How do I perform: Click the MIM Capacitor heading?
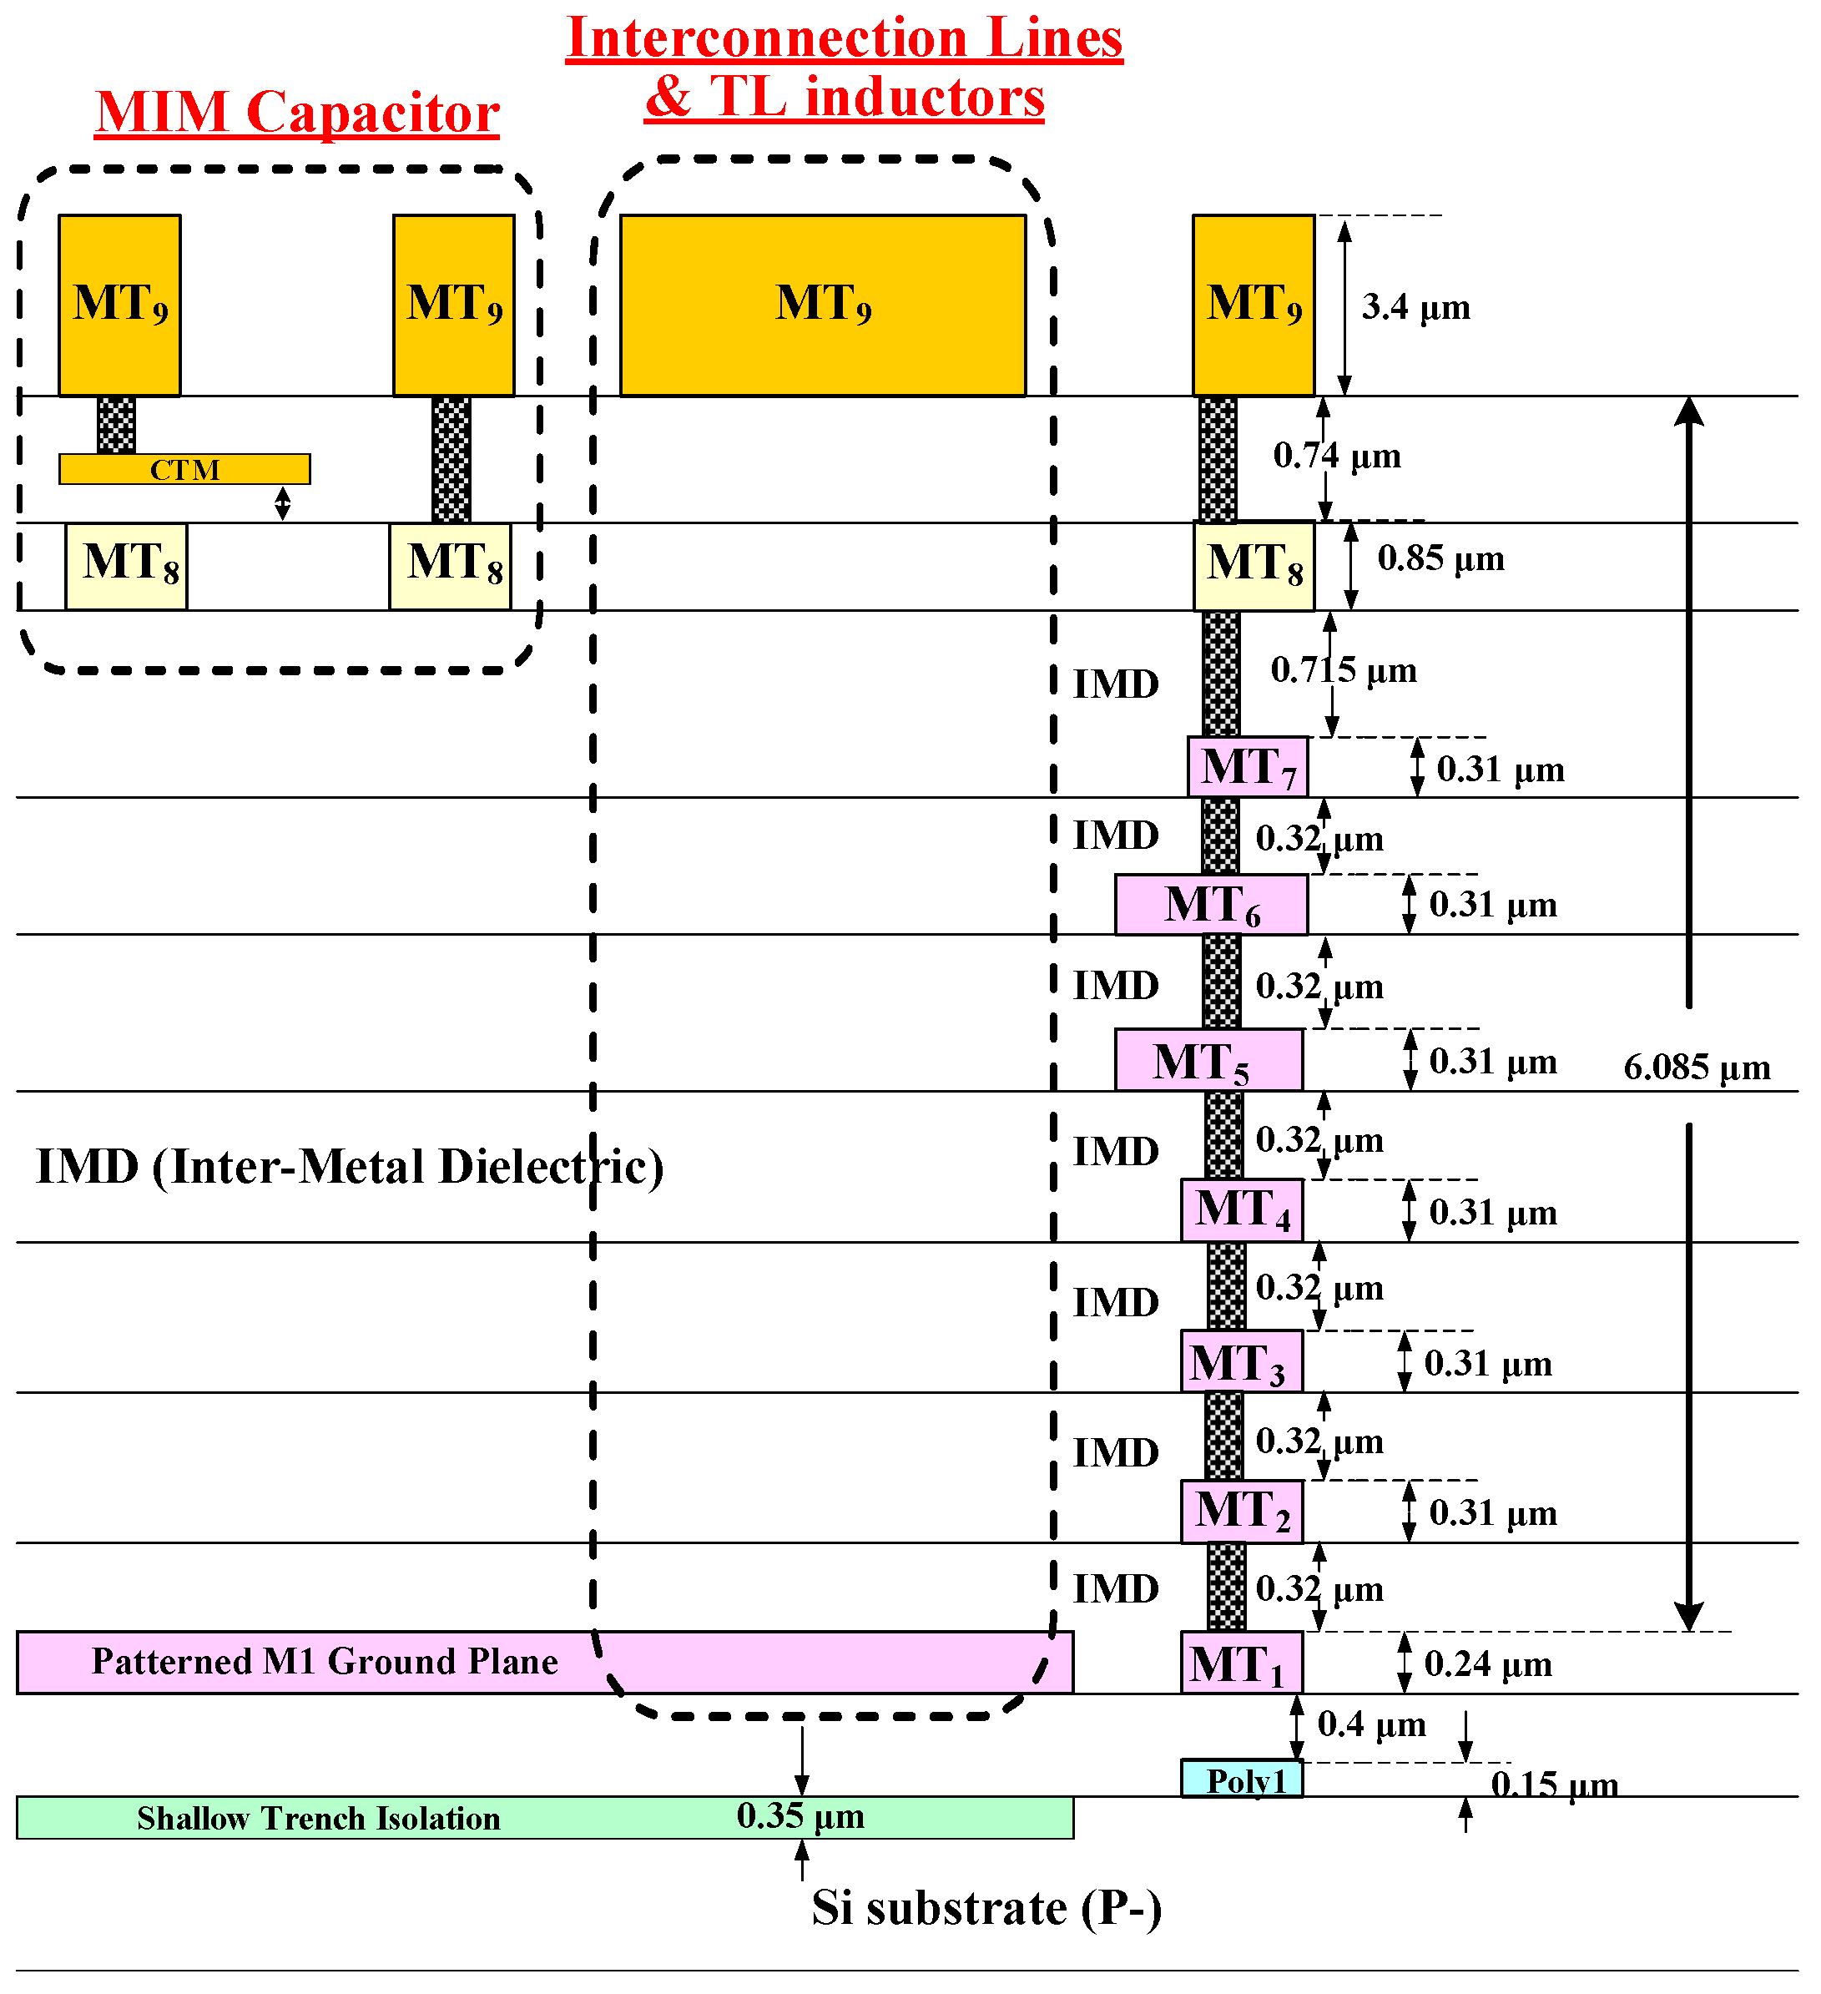pyautogui.click(x=297, y=112)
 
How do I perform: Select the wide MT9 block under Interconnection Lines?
pyautogui.click(x=822, y=305)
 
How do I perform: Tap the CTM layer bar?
pyautogui.click(x=185, y=469)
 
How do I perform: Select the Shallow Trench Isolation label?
pyautogui.click(x=319, y=1818)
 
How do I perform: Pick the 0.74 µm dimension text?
pyautogui.click(x=1336, y=455)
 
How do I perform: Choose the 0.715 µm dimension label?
pyautogui.click(x=1344, y=669)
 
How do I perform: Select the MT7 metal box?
pyautogui.click(x=1248, y=766)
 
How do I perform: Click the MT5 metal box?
pyautogui.click(x=1208, y=1060)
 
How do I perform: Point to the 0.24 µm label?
pyautogui.click(x=1488, y=1663)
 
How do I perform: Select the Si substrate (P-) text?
pyautogui.click(x=986, y=1906)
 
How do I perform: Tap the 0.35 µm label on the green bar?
pyautogui.click(x=800, y=1816)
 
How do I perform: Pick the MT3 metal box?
pyautogui.click(x=1240, y=1362)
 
